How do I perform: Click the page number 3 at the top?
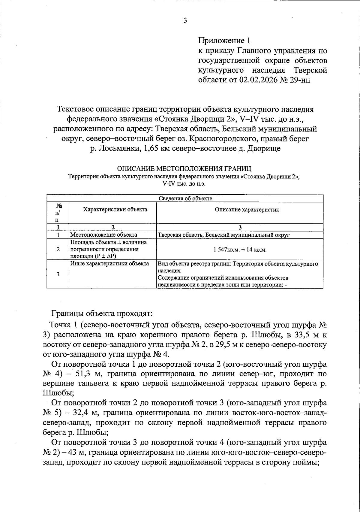(x=185, y=21)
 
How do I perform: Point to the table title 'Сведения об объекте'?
(x=185, y=198)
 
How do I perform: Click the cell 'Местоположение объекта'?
(x=103, y=235)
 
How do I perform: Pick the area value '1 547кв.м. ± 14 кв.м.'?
(x=240, y=250)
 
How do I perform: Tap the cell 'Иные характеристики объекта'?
(x=109, y=264)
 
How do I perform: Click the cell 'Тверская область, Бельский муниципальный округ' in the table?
(x=223, y=235)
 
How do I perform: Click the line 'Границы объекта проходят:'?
(x=102, y=314)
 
